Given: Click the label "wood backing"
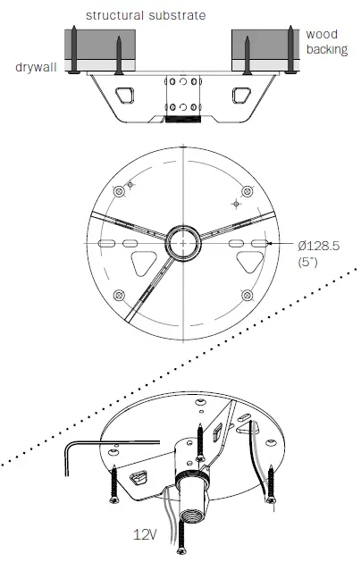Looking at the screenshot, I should [326, 42].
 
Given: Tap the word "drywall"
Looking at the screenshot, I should [34, 68].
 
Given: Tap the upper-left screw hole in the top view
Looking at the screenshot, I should [130, 186].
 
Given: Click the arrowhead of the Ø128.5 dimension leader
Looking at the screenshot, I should [270, 243].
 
